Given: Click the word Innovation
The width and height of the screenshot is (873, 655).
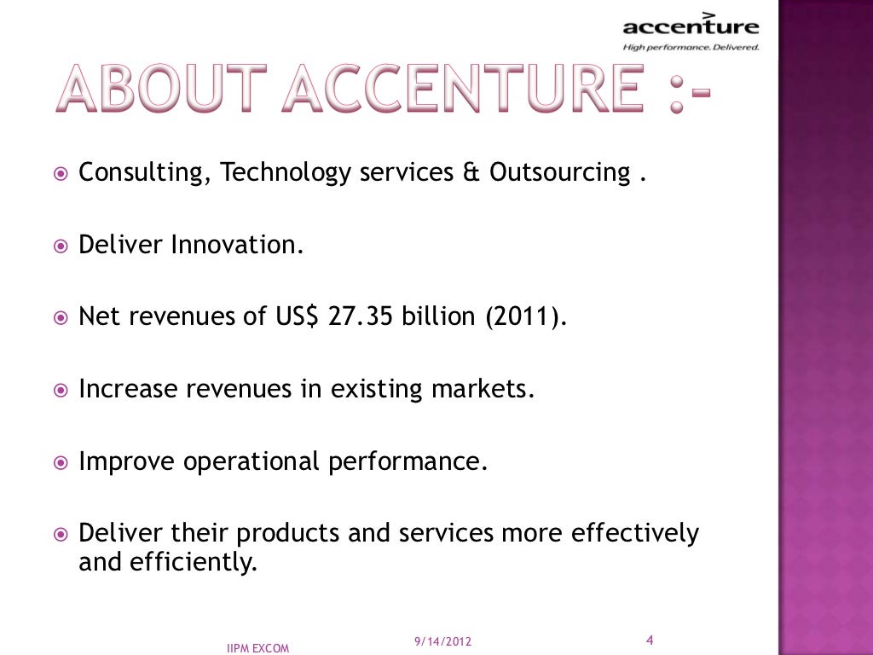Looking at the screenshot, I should click(x=237, y=246).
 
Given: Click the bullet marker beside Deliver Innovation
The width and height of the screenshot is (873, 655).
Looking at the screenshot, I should click(x=61, y=246).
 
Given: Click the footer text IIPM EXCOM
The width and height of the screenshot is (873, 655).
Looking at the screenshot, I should click(x=258, y=648).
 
